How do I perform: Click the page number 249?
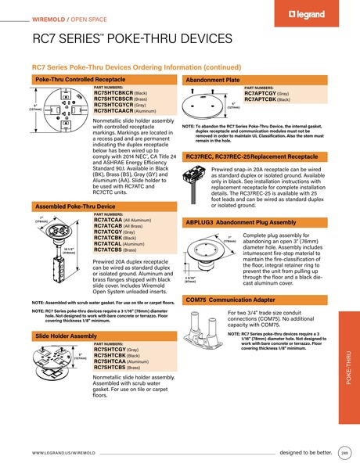click(x=345, y=453)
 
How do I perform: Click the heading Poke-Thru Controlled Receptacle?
click(x=79, y=80)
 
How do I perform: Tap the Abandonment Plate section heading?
click(x=213, y=80)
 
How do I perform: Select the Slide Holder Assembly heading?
click(x=67, y=335)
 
